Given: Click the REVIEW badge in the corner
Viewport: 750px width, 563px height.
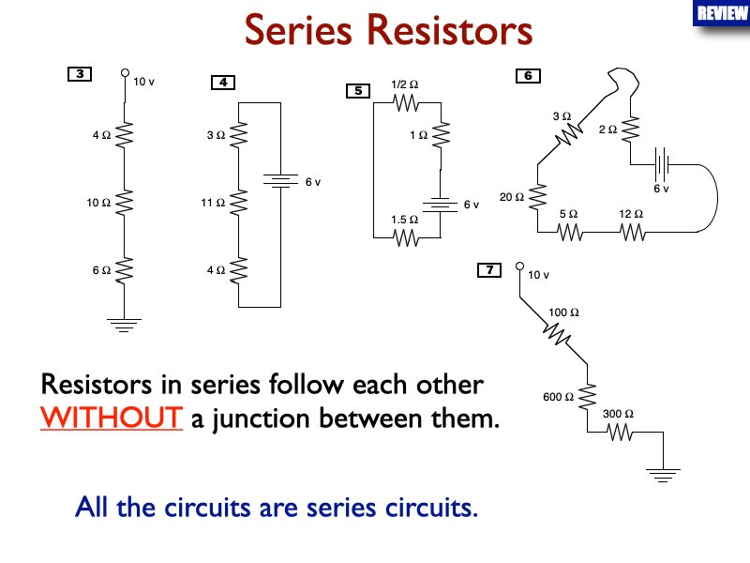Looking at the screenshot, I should click(x=721, y=13).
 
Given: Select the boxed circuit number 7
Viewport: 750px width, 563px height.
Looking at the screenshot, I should click(x=489, y=271).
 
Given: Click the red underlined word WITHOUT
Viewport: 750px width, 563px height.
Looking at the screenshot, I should click(x=111, y=417).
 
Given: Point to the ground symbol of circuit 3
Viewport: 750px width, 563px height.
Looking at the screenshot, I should click(x=124, y=325).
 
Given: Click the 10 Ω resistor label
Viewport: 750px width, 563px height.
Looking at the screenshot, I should click(x=98, y=202).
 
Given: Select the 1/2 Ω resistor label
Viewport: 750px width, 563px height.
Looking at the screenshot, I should click(x=404, y=85).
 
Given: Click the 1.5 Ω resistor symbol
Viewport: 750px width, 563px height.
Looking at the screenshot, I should click(x=404, y=238).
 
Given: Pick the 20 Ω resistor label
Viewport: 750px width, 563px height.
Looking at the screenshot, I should click(x=511, y=197).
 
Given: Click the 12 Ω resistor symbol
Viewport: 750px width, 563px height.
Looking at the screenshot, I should click(x=629, y=231).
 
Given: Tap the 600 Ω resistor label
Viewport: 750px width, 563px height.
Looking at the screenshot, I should click(x=558, y=397).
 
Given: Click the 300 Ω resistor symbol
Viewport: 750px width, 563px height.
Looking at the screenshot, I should click(x=619, y=433).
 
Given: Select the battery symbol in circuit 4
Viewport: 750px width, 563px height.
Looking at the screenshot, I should click(x=280, y=180).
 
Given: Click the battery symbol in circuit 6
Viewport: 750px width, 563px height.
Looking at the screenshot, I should click(x=662, y=165).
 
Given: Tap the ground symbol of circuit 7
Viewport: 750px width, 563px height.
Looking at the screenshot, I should click(x=664, y=477).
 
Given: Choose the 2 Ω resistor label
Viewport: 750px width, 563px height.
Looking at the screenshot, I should click(x=607, y=129).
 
